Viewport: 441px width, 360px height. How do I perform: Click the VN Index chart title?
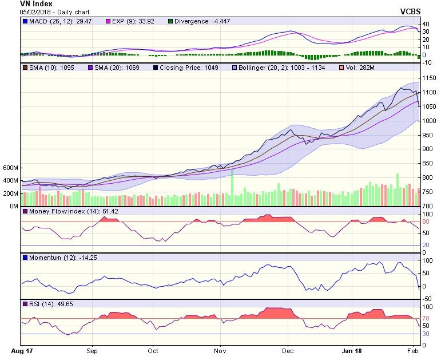(x=36, y=4)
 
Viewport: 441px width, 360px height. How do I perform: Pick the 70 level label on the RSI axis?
(x=426, y=318)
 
